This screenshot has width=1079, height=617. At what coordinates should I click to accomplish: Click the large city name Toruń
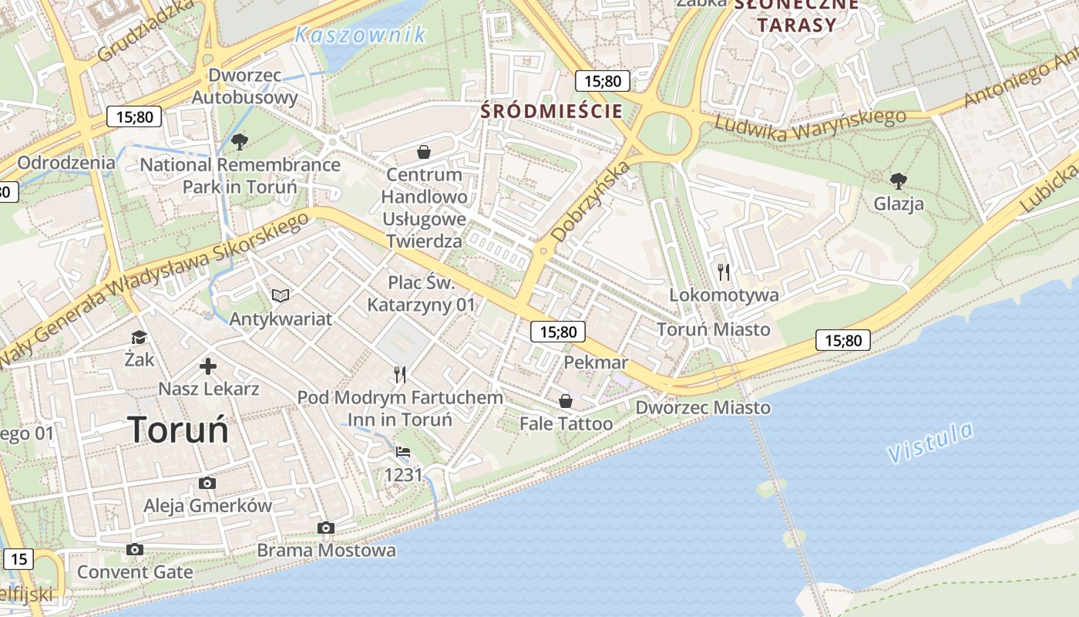tap(178, 430)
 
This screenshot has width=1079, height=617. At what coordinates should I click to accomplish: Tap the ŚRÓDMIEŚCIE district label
tap(551, 111)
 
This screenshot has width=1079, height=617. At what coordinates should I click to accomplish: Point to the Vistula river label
tap(930, 443)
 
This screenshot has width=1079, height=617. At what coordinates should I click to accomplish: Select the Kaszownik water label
tap(360, 35)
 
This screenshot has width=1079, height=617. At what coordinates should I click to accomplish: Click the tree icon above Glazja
tap(898, 181)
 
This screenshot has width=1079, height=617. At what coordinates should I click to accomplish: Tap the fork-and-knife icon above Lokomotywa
tap(723, 271)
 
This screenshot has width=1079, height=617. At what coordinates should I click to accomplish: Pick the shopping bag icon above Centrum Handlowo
tap(423, 151)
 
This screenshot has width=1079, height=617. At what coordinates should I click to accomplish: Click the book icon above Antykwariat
tap(281, 295)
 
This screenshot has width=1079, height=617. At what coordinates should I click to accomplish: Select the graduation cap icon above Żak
tap(139, 337)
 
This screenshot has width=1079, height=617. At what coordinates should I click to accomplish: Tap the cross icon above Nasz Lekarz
tap(208, 366)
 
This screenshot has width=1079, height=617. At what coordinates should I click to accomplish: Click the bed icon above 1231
tap(403, 452)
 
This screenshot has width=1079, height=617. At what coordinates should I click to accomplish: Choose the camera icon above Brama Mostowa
tap(326, 528)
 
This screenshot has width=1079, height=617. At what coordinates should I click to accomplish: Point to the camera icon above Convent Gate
tap(135, 549)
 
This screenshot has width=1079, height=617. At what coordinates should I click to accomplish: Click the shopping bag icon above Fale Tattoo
tap(566, 401)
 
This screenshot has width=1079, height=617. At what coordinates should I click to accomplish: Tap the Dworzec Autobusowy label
tap(244, 86)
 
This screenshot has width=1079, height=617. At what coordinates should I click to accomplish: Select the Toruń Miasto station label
tap(713, 329)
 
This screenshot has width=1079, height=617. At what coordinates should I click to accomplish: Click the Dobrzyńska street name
tap(590, 201)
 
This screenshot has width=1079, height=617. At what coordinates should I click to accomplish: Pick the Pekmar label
tap(596, 362)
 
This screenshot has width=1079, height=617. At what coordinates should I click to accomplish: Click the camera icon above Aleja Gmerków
tap(207, 483)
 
